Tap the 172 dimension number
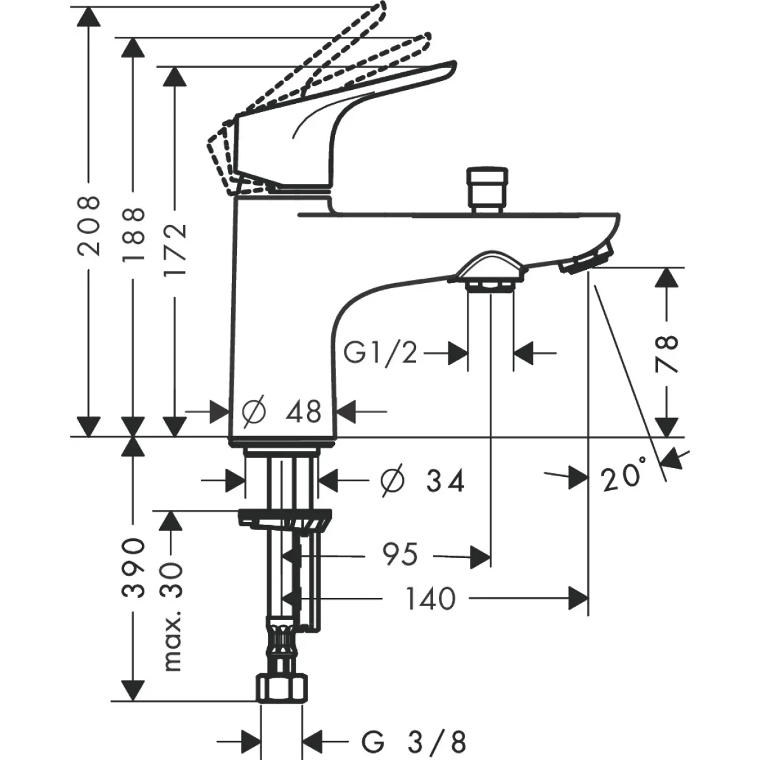click(x=175, y=248)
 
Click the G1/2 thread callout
click(x=381, y=353)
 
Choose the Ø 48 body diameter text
click(x=282, y=412)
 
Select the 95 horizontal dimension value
click(x=400, y=555)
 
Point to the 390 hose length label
click(x=132, y=568)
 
